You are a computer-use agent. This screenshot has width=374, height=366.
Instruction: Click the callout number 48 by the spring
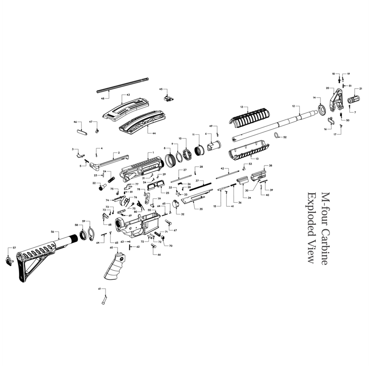click(x=102, y=99)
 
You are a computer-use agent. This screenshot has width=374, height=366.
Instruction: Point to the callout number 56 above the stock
click(x=53, y=232)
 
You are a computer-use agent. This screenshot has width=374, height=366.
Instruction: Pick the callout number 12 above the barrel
click(x=294, y=106)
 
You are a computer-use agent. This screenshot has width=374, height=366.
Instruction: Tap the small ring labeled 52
click(x=276, y=135)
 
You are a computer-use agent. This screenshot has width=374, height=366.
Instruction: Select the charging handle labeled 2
click(x=109, y=162)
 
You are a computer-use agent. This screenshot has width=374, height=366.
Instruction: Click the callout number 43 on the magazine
click(x=128, y=95)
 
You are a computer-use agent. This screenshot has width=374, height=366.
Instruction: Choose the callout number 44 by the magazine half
click(x=154, y=133)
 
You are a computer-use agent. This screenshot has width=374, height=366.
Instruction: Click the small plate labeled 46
click(x=82, y=132)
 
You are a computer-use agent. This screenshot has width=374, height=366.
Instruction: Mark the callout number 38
click(x=270, y=166)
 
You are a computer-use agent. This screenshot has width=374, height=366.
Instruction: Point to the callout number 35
click(x=201, y=209)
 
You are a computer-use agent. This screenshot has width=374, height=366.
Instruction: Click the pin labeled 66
click(x=153, y=246)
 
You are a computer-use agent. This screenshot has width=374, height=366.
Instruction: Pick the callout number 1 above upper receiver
click(x=153, y=153)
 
